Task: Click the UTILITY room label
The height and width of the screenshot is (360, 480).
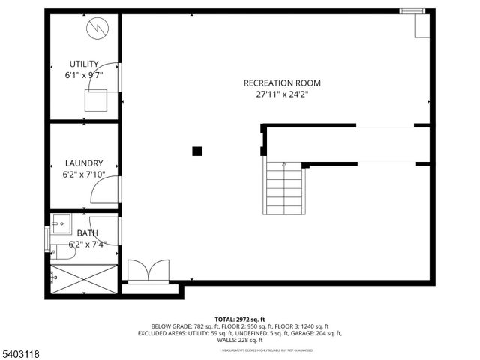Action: point(84,64)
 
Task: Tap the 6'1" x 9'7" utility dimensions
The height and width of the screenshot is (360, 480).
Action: point(84,75)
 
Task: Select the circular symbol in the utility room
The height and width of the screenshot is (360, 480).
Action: point(97,29)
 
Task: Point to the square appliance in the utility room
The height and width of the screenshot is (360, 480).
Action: point(96,100)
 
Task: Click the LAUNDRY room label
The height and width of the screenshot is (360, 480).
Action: point(84,163)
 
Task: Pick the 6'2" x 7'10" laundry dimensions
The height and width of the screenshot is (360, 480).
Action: point(84,175)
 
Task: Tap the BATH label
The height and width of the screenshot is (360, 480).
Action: point(88,233)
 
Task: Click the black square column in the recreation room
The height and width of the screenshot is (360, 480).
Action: point(197,151)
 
